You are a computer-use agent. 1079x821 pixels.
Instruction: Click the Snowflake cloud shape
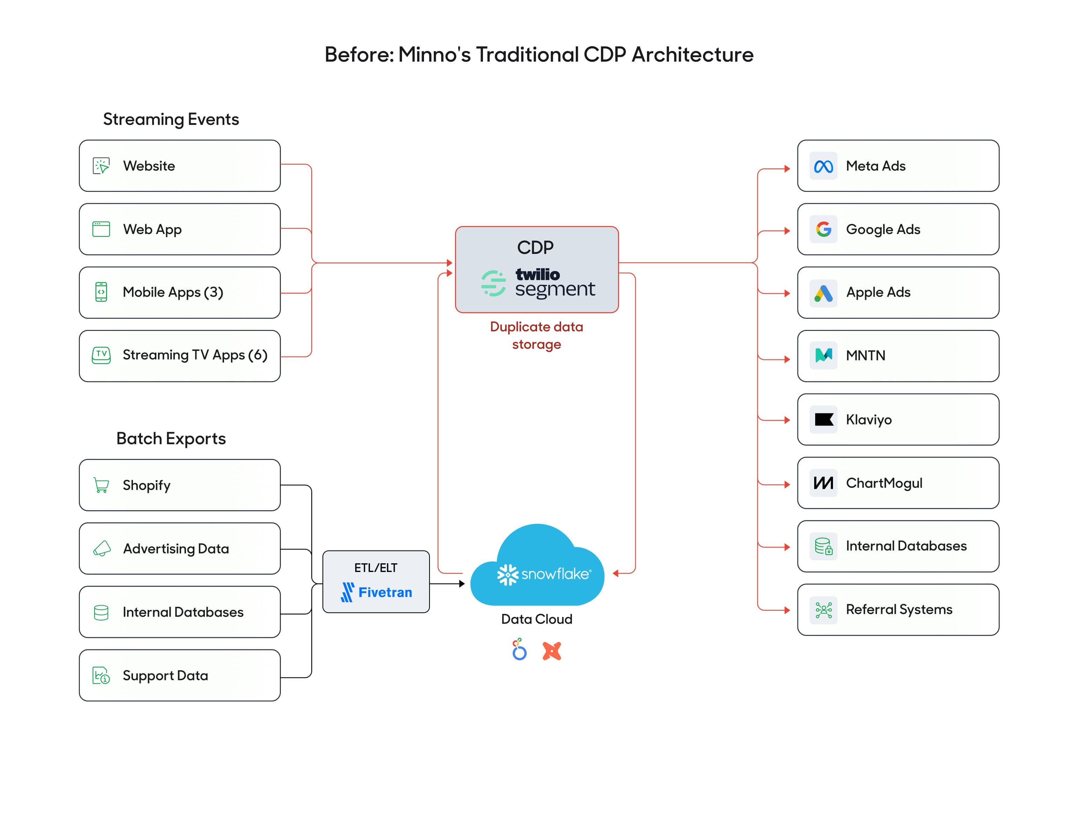pyautogui.click(x=537, y=567)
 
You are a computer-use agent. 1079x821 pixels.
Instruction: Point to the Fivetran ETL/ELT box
pyautogui.click(x=376, y=581)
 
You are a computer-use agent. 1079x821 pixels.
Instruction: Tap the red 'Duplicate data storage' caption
pyautogui.click(x=536, y=335)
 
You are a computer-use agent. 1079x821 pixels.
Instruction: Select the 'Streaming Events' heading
pyautogui.click(x=171, y=119)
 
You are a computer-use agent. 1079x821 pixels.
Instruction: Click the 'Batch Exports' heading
pyautogui.click(x=171, y=438)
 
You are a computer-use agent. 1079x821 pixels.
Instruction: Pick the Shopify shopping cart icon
pyautogui.click(x=101, y=485)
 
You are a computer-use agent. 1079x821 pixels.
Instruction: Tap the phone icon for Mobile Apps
pyautogui.click(x=101, y=292)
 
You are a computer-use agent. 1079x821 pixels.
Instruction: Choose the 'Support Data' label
pyautogui.click(x=165, y=675)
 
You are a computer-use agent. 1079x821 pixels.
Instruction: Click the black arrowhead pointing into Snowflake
pyautogui.click(x=462, y=583)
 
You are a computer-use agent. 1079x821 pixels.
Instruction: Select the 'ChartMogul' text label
pyautogui.click(x=884, y=483)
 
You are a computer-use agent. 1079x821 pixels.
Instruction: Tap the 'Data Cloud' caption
pyautogui.click(x=536, y=619)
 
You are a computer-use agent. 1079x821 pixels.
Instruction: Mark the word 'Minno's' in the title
pyautogui.click(x=434, y=54)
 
